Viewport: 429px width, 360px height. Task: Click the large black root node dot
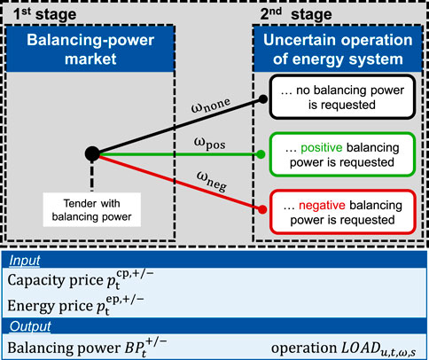(91, 154)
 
